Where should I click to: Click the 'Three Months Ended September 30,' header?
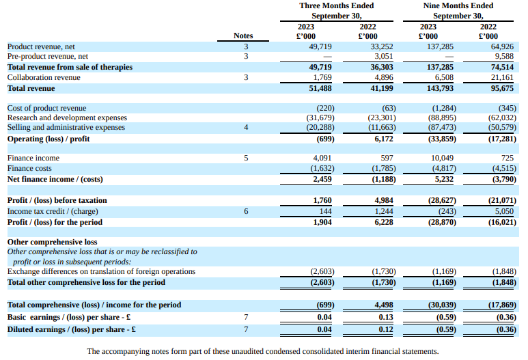click(x=337, y=10)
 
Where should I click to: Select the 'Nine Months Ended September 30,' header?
click(x=458, y=10)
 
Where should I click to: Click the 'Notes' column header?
click(x=242, y=36)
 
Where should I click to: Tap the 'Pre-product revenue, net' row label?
click(x=48, y=57)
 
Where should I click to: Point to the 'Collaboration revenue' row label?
click(x=44, y=78)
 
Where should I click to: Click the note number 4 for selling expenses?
click(x=246, y=128)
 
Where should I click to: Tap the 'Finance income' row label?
click(x=33, y=158)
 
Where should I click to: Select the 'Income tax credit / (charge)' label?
click(x=53, y=212)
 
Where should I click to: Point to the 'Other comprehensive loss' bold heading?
click(x=52, y=242)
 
